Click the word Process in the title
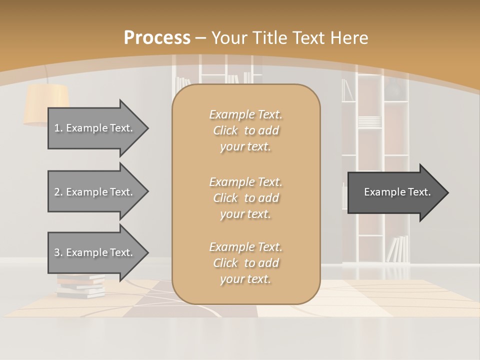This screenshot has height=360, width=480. pyautogui.click(x=157, y=38)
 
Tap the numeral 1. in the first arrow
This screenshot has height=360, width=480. pyautogui.click(x=58, y=128)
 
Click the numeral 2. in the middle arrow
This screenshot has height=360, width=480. pyautogui.click(x=58, y=192)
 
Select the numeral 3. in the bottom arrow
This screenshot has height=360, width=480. pyautogui.click(x=58, y=252)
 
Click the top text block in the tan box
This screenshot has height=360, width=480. pyautogui.click(x=245, y=130)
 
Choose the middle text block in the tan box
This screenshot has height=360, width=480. pyautogui.click(x=245, y=198)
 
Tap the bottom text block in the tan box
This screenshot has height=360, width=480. pyautogui.click(x=245, y=263)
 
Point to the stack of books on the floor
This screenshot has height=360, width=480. pyautogui.click(x=80, y=286)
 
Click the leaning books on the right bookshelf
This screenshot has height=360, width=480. pyautogui.click(x=398, y=248)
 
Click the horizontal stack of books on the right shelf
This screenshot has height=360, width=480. pyautogui.click(x=369, y=121)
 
